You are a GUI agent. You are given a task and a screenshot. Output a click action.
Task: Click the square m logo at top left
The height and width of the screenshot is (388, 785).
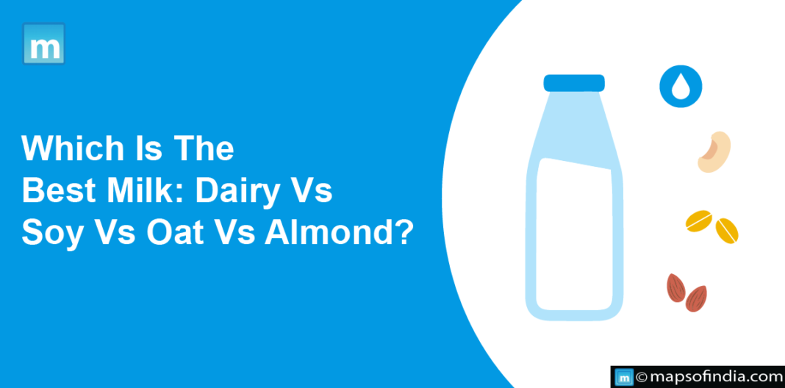pyautogui.click(x=43, y=43)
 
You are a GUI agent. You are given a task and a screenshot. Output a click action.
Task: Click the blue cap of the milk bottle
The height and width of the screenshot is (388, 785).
pyautogui.click(x=574, y=83)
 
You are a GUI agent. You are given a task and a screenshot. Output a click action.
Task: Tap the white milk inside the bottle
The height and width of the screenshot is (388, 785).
pyautogui.click(x=574, y=235)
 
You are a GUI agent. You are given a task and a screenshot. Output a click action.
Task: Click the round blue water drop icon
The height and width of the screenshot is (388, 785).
pyautogui.click(x=681, y=87)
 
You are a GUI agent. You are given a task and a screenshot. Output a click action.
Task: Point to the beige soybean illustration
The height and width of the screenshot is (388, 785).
pyautogui.click(x=714, y=152)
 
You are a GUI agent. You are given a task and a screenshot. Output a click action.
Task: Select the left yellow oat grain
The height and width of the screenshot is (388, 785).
pyautogui.click(x=699, y=220)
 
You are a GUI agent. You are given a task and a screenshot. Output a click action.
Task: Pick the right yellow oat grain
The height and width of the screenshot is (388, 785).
pyautogui.click(x=727, y=231)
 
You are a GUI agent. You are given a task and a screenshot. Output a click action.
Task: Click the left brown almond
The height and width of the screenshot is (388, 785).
pyautogui.click(x=676, y=288)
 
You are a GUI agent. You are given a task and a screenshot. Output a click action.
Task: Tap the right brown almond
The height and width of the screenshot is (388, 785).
pyautogui.click(x=696, y=298)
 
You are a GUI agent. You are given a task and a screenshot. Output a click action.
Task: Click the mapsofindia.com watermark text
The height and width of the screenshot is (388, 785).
pyautogui.click(x=712, y=377)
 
